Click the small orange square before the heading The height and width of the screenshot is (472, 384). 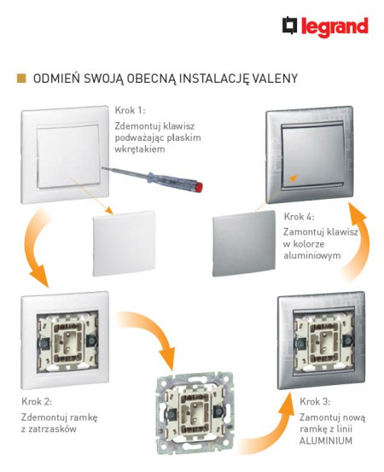click(21, 79)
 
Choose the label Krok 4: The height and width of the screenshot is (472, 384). click(301, 217)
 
